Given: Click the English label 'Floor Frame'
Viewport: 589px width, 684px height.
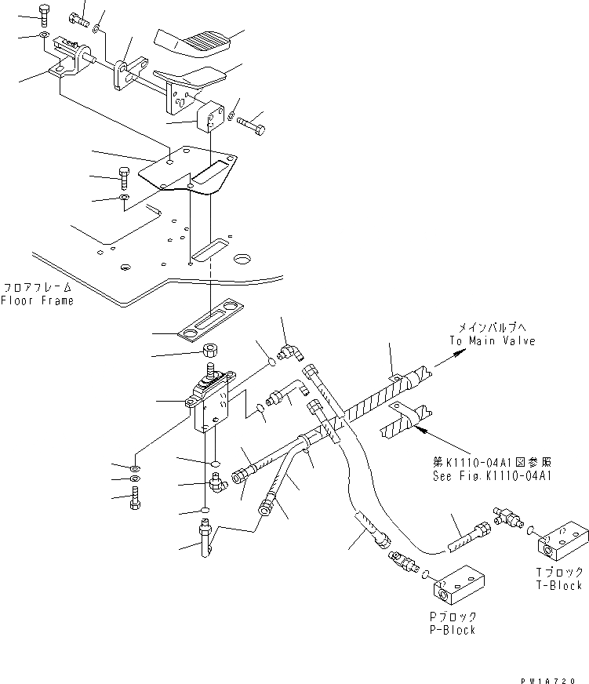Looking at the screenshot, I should tap(37, 300).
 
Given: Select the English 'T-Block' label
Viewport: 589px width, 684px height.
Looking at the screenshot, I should tap(560, 585).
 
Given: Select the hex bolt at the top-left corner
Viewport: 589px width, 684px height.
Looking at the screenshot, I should tap(43, 13).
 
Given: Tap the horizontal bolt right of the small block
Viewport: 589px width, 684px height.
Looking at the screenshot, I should tap(251, 123).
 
